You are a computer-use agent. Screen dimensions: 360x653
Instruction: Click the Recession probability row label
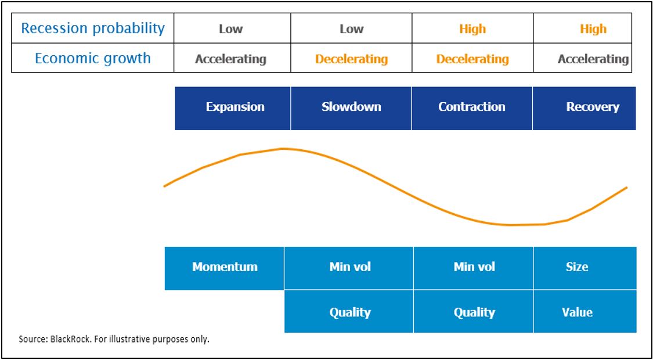[93, 28]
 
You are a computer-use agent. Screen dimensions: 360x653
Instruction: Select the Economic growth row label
[93, 59]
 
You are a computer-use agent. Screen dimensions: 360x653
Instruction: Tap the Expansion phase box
[234, 107]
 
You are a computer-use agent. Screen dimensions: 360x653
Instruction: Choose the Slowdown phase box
[351, 107]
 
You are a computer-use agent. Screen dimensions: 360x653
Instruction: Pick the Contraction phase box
[472, 107]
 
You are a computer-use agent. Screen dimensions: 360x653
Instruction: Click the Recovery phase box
[592, 107]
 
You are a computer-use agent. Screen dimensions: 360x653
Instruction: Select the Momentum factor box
[225, 268]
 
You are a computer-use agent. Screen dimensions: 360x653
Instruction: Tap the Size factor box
[577, 268]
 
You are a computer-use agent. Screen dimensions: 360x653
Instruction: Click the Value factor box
[577, 312]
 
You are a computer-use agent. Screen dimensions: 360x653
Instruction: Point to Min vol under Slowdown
[350, 268]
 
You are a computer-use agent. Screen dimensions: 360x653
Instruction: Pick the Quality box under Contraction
[474, 312]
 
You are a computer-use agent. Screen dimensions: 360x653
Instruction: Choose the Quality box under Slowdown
[350, 312]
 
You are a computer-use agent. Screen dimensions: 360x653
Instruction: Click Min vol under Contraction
[474, 268]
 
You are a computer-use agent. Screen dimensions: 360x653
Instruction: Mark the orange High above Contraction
[472, 29]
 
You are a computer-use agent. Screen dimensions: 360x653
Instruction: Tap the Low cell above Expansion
[231, 29]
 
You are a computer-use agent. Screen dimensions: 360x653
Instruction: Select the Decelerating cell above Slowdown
[351, 59]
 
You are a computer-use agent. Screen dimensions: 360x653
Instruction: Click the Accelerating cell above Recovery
[593, 59]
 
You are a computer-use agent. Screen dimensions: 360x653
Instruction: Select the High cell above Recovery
[593, 29]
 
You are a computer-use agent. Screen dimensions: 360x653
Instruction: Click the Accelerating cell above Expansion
[231, 59]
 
